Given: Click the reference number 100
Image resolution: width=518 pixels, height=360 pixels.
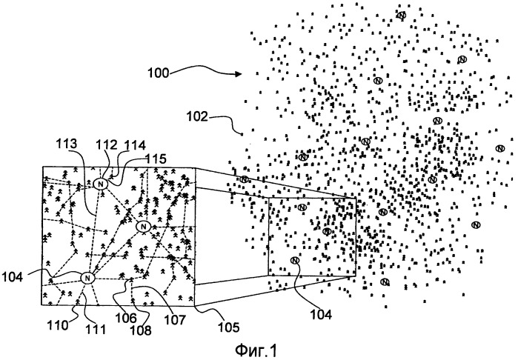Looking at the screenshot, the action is [x=158, y=73].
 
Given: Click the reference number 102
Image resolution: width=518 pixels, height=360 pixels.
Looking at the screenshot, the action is [x=197, y=116].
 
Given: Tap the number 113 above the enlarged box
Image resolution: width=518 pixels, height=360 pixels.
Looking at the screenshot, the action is [x=67, y=144].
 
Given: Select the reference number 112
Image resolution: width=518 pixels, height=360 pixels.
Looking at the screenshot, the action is [x=107, y=145].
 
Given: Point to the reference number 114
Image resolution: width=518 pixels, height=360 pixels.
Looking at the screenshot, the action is [x=134, y=145].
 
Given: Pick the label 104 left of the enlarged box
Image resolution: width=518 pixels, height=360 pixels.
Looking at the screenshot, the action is [x=12, y=277].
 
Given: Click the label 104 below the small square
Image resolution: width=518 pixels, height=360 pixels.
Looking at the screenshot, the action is [x=321, y=314].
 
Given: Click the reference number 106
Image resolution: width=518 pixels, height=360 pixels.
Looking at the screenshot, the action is [x=125, y=318].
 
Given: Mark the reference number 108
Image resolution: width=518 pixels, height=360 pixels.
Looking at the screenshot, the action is [x=140, y=330].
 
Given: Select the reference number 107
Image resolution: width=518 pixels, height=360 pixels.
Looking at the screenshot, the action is [x=176, y=319].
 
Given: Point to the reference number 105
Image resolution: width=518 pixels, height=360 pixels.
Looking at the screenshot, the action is [x=228, y=327].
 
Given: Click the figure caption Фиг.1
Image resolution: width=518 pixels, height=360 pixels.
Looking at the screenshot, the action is [x=256, y=350].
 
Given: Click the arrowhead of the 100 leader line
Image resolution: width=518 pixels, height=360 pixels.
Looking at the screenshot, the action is [x=239, y=74].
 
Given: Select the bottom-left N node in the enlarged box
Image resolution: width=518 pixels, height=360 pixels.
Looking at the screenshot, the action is [x=87, y=278].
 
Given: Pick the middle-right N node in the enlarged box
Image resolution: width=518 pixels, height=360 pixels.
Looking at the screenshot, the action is [x=143, y=227].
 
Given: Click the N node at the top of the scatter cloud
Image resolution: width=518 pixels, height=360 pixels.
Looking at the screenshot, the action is [x=402, y=16].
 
